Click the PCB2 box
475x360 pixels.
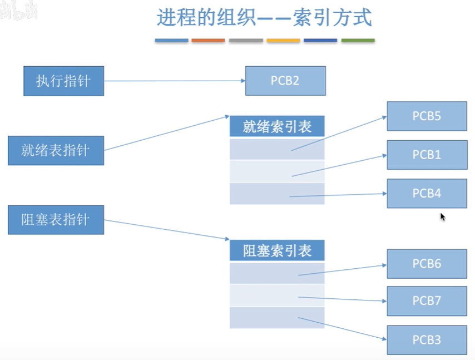(285, 81)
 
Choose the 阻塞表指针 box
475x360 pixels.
(56, 219)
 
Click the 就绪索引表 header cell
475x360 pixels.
(277, 127)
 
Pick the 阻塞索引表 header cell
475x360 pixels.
(277, 250)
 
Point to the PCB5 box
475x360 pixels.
(427, 116)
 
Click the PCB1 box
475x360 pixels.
(427, 155)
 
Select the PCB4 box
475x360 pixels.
(427, 193)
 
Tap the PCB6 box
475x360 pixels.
(427, 264)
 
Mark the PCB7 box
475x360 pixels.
(427, 301)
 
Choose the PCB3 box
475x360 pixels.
(427, 339)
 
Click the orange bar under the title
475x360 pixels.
(208, 41)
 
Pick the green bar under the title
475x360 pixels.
(358, 41)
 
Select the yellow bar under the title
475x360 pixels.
(283, 41)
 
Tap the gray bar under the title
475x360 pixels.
(246, 41)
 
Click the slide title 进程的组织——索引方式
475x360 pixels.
(264, 18)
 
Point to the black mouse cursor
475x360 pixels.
(443, 217)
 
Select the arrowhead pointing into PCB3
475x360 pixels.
(384, 338)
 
